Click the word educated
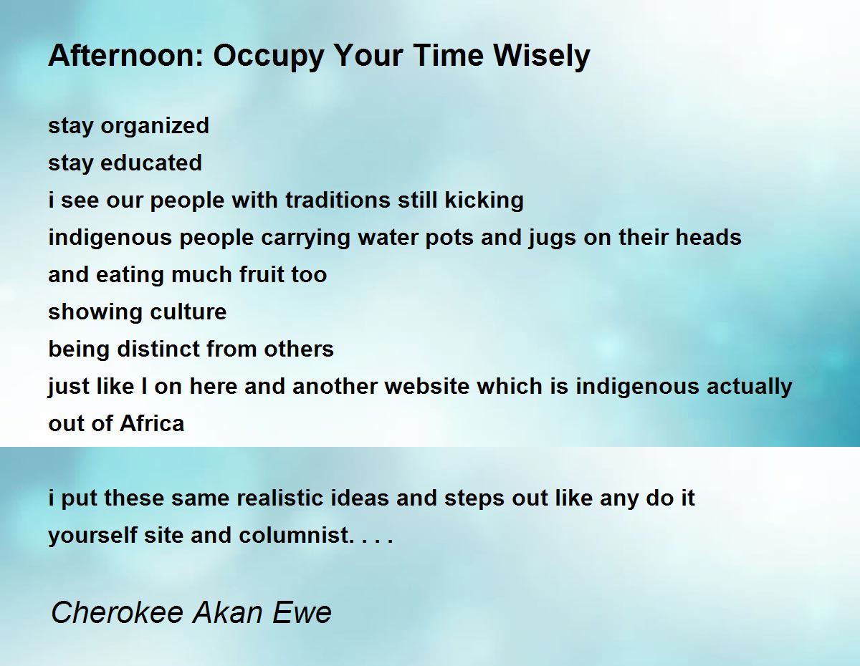pyautogui.click(x=151, y=163)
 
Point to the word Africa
pyautogui.click(x=152, y=423)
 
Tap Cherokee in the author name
pyautogui.click(x=118, y=612)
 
